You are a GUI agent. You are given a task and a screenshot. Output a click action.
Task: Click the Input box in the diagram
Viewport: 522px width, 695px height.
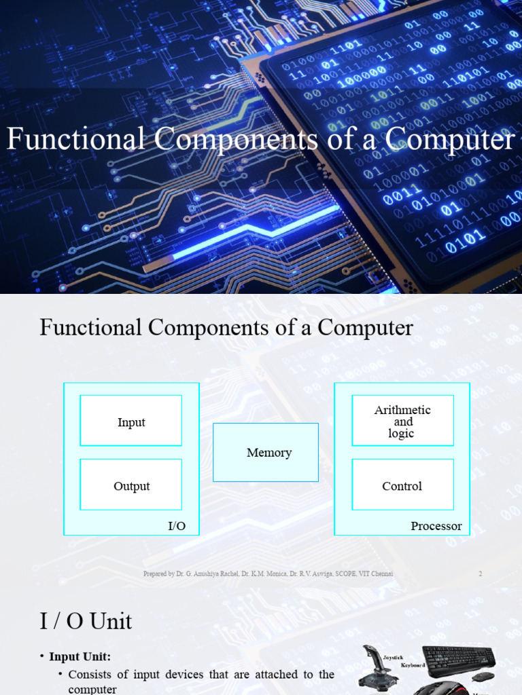click(131, 421)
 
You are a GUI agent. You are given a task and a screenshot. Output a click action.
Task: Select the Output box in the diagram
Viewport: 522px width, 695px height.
click(131, 485)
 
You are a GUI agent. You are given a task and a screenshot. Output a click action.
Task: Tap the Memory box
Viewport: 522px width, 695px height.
click(266, 452)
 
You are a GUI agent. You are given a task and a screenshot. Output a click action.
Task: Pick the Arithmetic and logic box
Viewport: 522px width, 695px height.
click(402, 421)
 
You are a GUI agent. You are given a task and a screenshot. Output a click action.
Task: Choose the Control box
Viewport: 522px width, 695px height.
click(402, 485)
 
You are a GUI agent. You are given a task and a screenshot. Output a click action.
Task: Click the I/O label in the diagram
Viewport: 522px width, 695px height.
click(177, 526)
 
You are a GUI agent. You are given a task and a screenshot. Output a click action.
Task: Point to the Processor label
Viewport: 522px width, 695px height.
click(436, 526)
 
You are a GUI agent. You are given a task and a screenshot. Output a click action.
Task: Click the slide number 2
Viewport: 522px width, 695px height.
click(480, 574)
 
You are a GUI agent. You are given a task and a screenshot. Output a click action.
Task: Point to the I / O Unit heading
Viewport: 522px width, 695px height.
click(86, 620)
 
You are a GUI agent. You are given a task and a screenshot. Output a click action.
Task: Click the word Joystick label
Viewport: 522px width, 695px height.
click(393, 657)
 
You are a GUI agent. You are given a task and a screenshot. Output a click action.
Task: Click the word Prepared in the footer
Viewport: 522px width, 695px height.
click(155, 574)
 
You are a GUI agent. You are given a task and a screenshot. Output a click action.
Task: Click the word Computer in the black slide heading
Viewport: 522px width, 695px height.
click(366, 328)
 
